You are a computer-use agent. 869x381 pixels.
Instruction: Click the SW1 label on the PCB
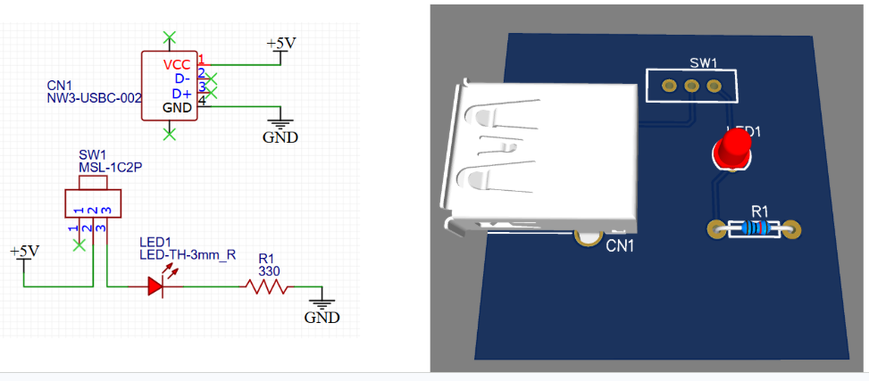point(704,63)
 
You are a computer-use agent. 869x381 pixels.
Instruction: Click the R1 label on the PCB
point(759,211)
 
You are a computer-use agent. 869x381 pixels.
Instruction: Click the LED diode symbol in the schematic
point(155,286)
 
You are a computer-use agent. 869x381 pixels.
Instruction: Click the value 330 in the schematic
point(270,270)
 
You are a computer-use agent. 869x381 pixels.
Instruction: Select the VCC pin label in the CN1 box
point(177,65)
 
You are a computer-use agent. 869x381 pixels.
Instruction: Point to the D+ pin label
point(181,94)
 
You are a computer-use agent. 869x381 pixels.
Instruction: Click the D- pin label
point(181,79)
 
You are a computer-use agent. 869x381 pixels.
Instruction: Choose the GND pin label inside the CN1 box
point(177,107)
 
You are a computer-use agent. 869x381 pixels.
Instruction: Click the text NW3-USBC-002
point(94,99)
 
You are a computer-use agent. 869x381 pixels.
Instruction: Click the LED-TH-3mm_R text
point(188,254)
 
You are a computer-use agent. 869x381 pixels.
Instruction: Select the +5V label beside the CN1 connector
point(281,43)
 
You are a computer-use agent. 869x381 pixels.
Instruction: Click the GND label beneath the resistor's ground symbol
point(322,318)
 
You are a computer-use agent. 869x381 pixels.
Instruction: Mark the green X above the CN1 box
point(170,37)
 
